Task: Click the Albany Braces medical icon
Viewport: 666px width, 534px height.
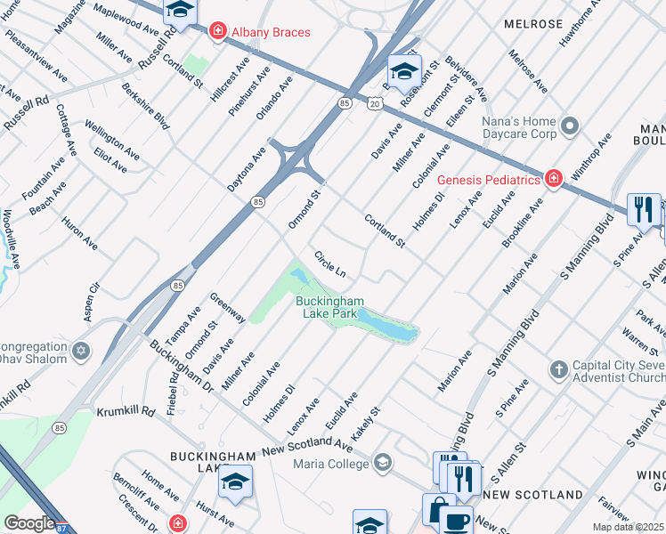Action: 216,32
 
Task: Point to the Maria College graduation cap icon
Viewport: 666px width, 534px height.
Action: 383,461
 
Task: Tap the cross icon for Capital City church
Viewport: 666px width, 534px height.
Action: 558,369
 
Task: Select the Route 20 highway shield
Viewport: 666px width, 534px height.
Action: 373,104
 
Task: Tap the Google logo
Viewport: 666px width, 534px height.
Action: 29,524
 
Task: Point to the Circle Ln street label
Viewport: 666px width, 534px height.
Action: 329,262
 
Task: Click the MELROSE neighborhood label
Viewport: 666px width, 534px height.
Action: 533,23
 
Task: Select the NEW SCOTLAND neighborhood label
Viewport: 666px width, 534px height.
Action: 532,494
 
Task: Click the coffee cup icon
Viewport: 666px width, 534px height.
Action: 457,520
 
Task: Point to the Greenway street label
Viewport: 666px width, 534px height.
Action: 227,306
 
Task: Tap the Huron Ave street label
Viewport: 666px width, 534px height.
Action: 79,231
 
